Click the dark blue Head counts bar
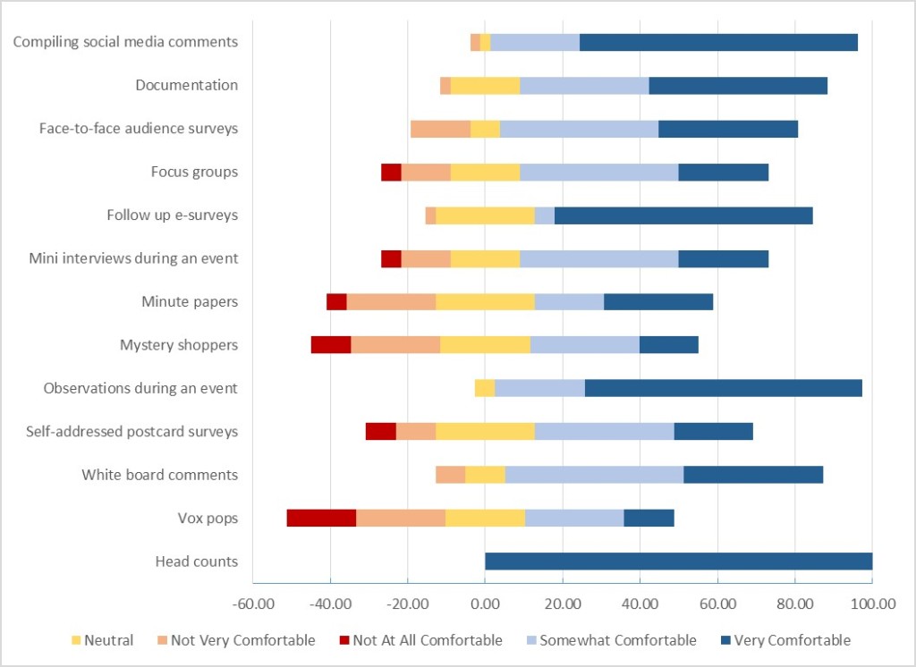(678, 561)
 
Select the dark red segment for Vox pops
(321, 519)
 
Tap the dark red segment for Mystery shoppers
(331, 345)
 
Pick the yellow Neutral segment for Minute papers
(485, 302)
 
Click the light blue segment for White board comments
(594, 475)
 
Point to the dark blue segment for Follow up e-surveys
(683, 215)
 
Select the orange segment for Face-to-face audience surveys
(440, 129)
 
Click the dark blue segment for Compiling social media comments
(718, 42)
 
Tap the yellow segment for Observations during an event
(485, 388)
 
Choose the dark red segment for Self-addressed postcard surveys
(381, 432)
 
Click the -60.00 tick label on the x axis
(252, 604)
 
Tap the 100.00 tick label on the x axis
(872, 604)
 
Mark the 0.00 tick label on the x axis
(485, 604)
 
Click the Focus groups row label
(195, 172)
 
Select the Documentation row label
(187, 85)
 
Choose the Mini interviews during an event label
(133, 258)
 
